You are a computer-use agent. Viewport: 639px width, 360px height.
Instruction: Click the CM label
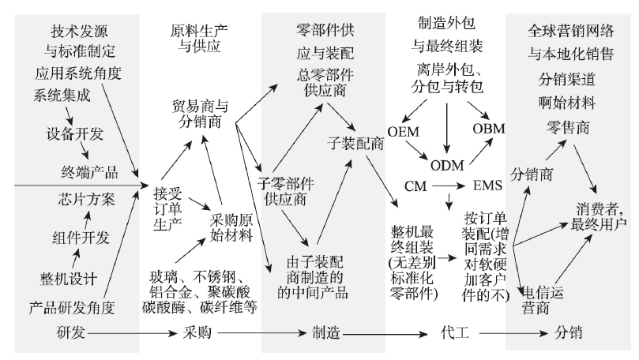coord(415,186)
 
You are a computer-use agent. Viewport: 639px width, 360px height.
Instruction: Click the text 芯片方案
coord(86,197)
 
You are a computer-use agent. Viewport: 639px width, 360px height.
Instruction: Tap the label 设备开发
coord(73,132)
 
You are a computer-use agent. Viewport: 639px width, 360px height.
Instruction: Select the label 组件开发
coord(78,237)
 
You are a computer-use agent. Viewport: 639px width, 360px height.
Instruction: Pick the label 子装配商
coord(355,144)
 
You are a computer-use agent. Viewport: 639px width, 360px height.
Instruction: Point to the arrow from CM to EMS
coord(448,186)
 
